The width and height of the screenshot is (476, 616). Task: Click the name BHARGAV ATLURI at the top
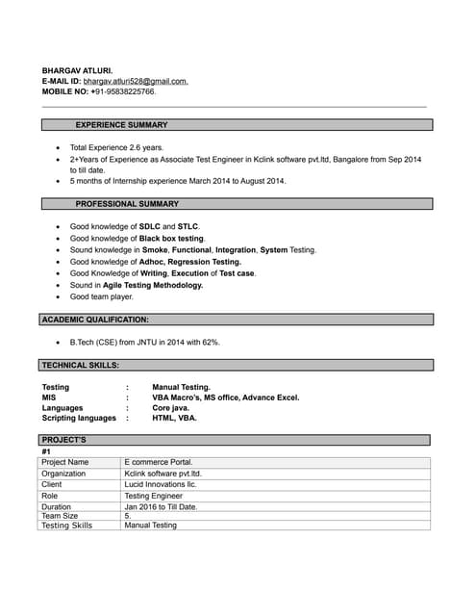point(77,71)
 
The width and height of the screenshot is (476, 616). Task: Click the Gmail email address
point(136,82)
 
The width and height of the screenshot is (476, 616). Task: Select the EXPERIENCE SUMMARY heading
point(121,125)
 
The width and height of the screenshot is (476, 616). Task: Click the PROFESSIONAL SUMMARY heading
point(127,204)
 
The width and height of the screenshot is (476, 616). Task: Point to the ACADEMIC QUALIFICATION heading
point(95,319)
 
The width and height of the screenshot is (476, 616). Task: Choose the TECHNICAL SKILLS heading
point(81,366)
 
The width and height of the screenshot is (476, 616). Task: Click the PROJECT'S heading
point(64,440)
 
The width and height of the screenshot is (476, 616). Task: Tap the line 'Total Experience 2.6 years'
point(117,147)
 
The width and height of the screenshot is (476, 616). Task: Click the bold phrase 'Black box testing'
point(171,238)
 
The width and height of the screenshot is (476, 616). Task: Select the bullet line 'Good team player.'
point(102,297)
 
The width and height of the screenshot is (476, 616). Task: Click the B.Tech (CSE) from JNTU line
point(144,342)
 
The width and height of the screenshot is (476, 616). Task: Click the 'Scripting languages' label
point(79,419)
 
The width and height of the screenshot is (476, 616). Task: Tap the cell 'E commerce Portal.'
point(158,462)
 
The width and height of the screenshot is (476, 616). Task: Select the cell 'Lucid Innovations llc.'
point(161,484)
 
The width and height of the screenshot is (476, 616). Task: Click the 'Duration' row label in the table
point(57,506)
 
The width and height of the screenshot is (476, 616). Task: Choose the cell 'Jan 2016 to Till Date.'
point(161,506)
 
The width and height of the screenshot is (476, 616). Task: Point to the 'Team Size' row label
point(60,516)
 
